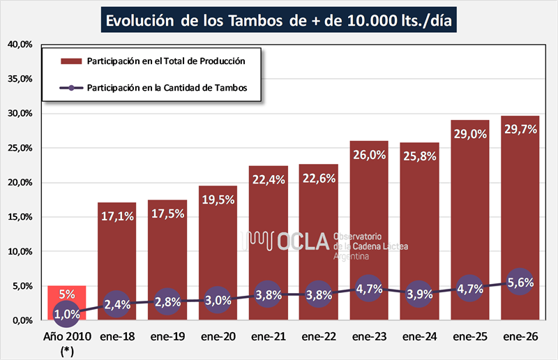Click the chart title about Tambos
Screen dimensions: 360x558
click(279, 20)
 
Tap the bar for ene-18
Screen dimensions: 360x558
click(116, 258)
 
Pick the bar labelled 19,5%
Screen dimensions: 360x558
click(218, 251)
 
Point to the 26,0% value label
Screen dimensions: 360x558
click(370, 154)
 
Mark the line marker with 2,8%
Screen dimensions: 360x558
click(167, 301)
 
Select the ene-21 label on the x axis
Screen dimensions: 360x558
click(269, 336)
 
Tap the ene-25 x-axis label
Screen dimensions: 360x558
click(471, 336)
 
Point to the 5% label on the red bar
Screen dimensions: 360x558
click(66, 294)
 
